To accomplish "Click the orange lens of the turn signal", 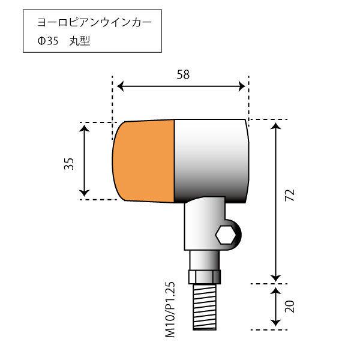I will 144,160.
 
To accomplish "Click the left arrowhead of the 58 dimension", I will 118,86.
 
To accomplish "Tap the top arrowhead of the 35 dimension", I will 85,127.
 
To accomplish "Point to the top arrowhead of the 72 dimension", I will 275,124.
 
